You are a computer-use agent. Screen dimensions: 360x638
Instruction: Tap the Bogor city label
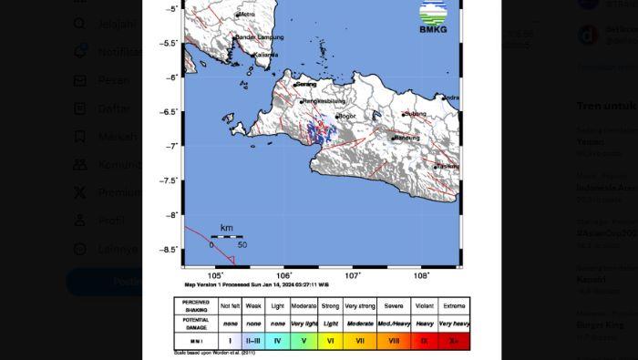click(346, 117)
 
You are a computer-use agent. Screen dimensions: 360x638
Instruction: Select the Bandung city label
click(406, 138)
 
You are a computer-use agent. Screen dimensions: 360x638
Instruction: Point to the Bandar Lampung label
click(260, 37)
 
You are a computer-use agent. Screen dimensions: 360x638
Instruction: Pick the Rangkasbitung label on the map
click(324, 100)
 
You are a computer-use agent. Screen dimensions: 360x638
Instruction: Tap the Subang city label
click(416, 114)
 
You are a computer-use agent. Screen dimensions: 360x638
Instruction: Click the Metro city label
click(245, 15)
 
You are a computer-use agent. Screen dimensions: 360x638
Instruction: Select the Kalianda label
click(266, 55)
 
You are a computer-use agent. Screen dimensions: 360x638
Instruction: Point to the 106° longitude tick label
click(283, 275)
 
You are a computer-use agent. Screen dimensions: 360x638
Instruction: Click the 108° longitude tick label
click(421, 275)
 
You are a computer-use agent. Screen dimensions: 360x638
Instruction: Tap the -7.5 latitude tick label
click(169, 180)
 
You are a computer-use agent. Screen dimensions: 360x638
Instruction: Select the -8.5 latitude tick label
click(169, 250)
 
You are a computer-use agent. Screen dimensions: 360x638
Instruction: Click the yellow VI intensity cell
click(330, 341)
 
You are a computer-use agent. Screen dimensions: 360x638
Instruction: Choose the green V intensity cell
click(304, 341)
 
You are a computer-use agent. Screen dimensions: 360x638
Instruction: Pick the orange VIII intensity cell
click(393, 341)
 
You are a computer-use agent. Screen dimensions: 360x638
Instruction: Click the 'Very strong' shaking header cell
click(360, 306)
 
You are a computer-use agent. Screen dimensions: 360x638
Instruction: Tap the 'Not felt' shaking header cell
click(231, 306)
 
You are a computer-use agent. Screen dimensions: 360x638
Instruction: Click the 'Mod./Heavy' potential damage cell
click(393, 324)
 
